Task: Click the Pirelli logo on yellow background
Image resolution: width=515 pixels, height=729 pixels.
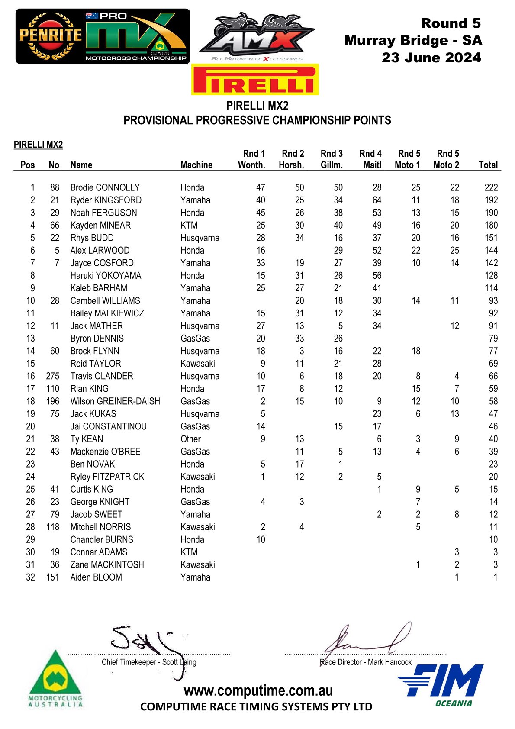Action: pos(255,80)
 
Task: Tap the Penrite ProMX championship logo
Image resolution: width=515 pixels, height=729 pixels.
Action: pos(103,36)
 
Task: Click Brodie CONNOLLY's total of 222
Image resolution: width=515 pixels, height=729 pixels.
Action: pos(491,187)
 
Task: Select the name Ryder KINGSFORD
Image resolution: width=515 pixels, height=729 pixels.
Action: pos(106,200)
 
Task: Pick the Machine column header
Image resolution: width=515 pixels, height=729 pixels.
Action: pos(196,165)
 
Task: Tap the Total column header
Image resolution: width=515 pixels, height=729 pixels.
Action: pos(488,165)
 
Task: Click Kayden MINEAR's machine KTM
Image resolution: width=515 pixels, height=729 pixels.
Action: pos(189,225)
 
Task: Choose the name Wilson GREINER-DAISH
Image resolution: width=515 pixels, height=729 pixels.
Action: pos(115,401)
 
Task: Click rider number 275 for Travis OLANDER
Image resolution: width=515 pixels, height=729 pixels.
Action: pos(52,376)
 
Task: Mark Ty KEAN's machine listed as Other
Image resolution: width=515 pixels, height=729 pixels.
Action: pos(190,439)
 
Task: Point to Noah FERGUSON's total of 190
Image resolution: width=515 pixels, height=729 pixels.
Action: pos(491,213)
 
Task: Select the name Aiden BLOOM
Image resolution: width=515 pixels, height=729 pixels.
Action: pos(96,577)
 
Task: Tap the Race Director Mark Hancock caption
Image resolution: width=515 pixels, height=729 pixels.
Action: pos(366,662)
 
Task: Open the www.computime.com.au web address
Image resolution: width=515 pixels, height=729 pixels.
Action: pos(258,690)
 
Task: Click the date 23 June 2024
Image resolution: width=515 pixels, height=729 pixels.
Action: pos(431,58)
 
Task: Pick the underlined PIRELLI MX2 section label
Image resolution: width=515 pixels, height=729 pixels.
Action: pos(38,145)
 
